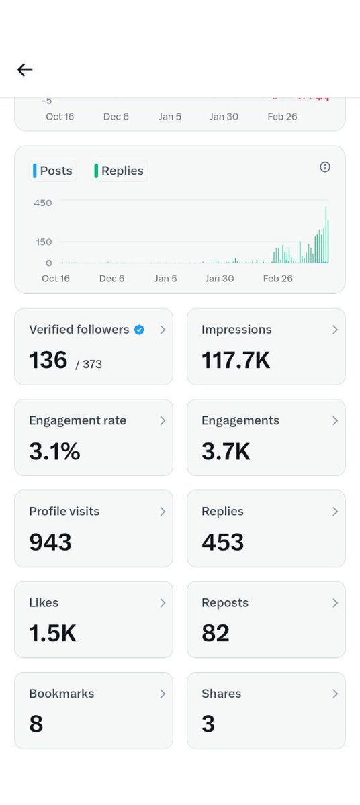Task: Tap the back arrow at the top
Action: point(25,70)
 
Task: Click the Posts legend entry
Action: point(53,171)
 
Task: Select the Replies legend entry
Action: point(120,171)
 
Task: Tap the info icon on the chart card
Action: point(325,167)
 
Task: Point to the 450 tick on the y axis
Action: point(42,202)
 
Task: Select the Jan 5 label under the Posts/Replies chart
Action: point(165,278)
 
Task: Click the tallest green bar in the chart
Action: point(326,235)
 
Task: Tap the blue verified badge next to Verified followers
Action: point(139,330)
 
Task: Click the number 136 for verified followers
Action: point(48,361)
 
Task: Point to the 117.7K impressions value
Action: point(236,361)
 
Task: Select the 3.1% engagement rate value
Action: point(54,452)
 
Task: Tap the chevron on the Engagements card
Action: point(334,421)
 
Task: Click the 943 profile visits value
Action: point(50,542)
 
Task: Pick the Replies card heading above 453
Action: point(222,512)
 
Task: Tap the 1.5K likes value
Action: point(52,634)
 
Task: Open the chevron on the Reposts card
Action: point(334,603)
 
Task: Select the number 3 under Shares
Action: point(208,724)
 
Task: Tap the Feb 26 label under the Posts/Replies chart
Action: point(277,278)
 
